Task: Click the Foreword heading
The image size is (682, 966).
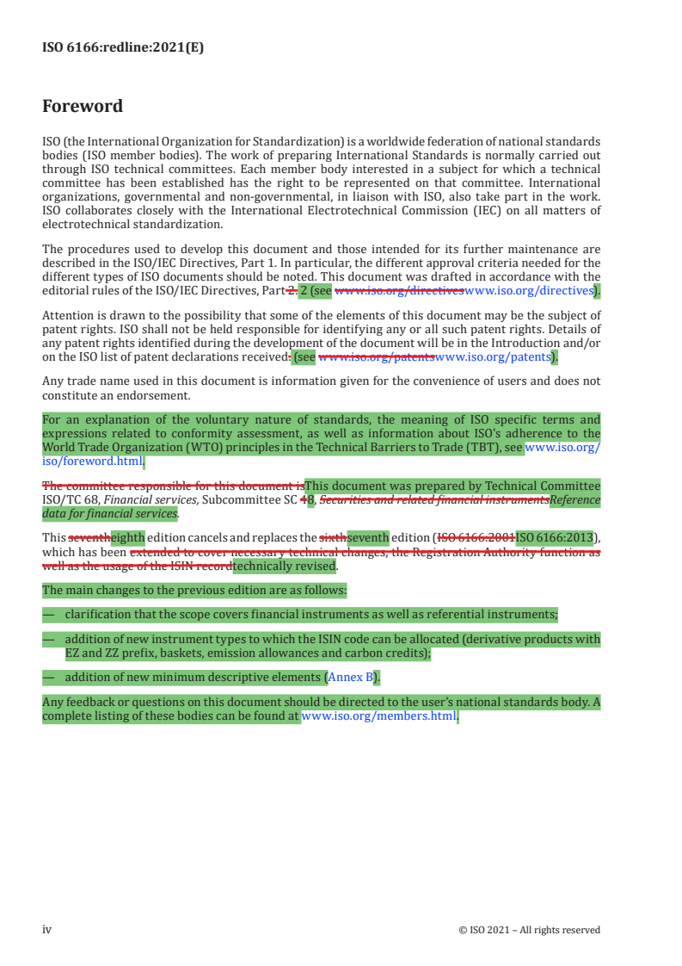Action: click(83, 107)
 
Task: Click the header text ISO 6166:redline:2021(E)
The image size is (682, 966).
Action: click(123, 47)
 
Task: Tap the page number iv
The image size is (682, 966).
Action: click(47, 930)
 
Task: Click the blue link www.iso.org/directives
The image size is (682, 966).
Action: click(529, 291)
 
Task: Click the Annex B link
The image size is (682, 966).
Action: click(353, 677)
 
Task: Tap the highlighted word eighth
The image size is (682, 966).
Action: click(127, 539)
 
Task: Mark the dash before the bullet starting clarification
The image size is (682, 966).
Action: click(48, 614)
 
